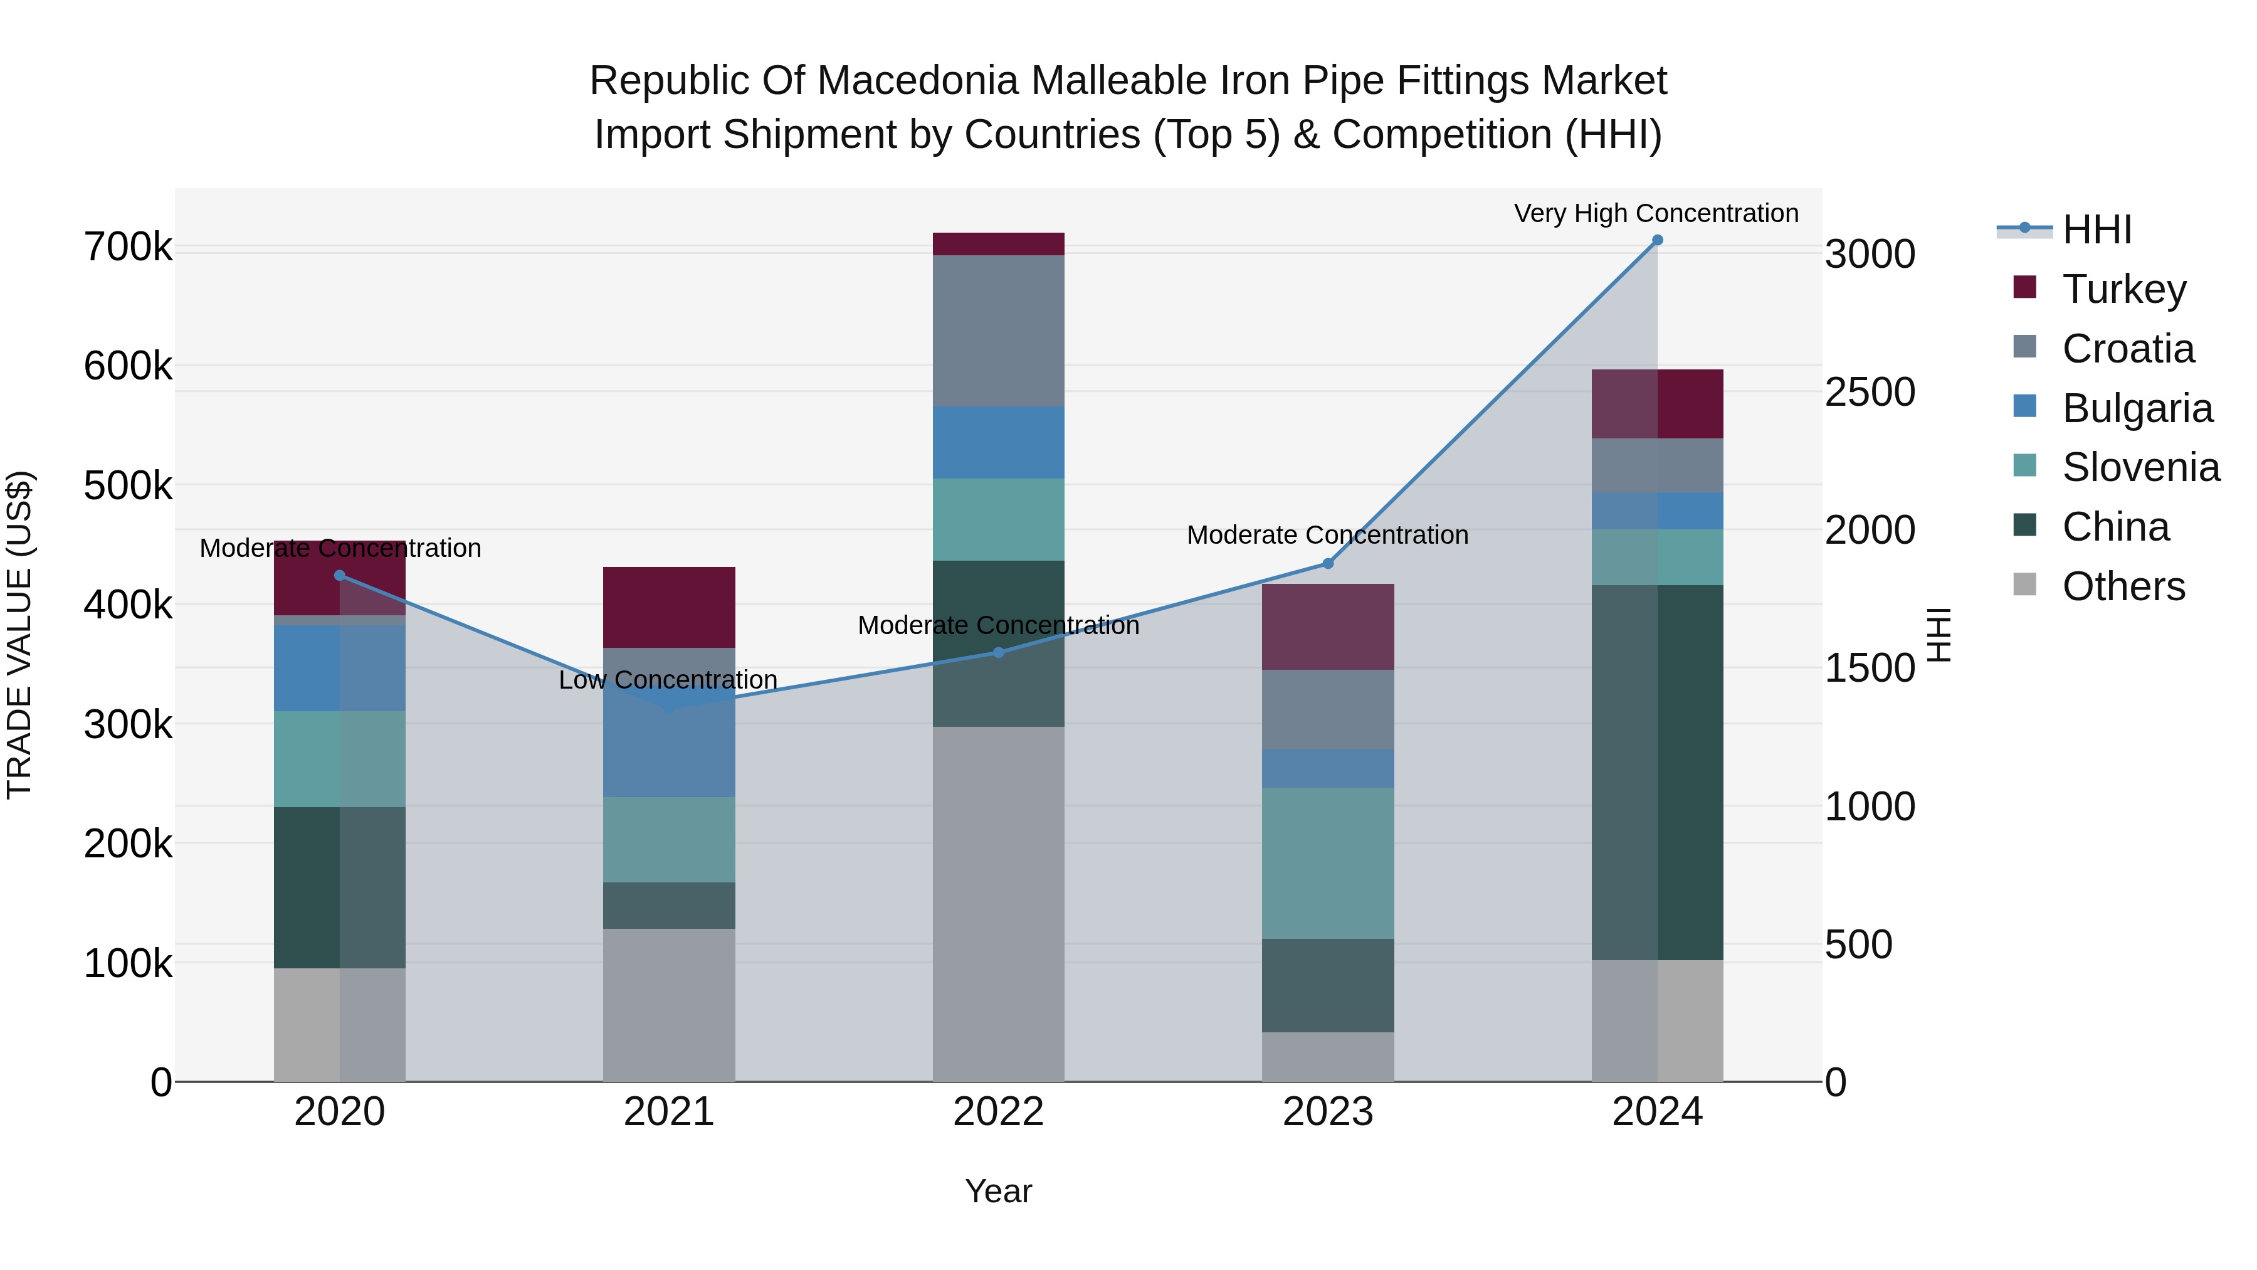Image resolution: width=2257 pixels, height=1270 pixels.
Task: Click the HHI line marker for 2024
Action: [x=1657, y=240]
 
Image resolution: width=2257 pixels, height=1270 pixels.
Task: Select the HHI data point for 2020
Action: [x=340, y=576]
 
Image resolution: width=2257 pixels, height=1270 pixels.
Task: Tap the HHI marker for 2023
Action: [x=1327, y=564]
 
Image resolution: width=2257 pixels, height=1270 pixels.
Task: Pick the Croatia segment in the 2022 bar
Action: [x=998, y=331]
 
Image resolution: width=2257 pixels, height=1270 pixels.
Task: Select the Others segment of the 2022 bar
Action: [x=998, y=902]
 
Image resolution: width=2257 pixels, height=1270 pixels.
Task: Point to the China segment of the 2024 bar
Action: [x=1657, y=771]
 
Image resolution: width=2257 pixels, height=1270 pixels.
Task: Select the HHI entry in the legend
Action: [x=2096, y=230]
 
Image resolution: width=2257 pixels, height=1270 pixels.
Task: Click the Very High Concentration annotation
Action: [x=1656, y=213]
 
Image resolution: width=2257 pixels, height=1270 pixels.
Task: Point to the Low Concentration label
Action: [x=668, y=680]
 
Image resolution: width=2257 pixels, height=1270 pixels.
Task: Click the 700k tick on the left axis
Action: [x=128, y=247]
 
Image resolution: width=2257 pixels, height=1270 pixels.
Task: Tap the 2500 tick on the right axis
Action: [x=1870, y=392]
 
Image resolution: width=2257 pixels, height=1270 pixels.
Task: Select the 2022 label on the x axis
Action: [x=998, y=1112]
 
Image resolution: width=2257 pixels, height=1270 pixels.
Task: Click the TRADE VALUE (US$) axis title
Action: [x=19, y=635]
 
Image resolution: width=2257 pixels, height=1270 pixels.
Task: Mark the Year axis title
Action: [x=998, y=1191]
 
